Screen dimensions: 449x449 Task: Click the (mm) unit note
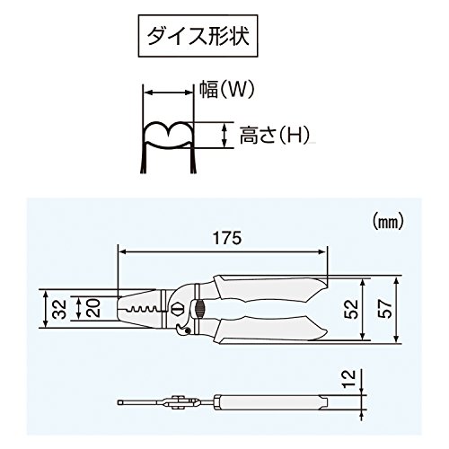(385, 219)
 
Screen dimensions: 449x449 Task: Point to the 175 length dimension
(224, 239)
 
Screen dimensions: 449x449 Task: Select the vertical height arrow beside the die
(222, 135)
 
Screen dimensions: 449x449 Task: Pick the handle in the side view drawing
(269, 399)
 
